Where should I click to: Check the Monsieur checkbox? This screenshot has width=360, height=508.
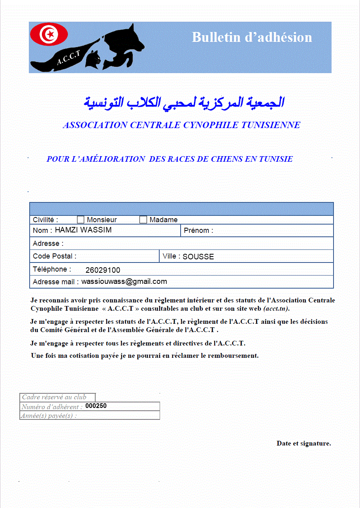(x=81, y=220)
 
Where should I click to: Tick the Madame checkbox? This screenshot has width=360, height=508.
(x=143, y=220)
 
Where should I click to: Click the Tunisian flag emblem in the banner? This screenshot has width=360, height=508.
(x=49, y=34)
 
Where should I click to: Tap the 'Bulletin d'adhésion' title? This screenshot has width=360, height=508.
(x=252, y=37)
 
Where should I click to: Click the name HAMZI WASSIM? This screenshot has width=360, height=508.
(x=83, y=230)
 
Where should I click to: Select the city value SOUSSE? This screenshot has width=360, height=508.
(x=198, y=257)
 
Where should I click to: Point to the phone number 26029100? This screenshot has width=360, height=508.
(x=103, y=270)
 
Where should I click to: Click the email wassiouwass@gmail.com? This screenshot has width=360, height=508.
(x=124, y=281)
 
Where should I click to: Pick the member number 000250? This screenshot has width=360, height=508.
(x=96, y=406)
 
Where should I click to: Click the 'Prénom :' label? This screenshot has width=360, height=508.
(x=198, y=230)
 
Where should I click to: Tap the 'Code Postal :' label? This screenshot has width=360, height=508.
(x=55, y=256)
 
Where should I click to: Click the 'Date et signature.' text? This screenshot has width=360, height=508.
(x=303, y=443)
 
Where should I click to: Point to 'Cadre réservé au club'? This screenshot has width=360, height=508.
(x=54, y=397)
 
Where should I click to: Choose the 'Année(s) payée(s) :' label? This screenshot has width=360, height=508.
(x=49, y=415)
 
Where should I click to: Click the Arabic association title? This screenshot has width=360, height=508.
(x=184, y=102)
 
